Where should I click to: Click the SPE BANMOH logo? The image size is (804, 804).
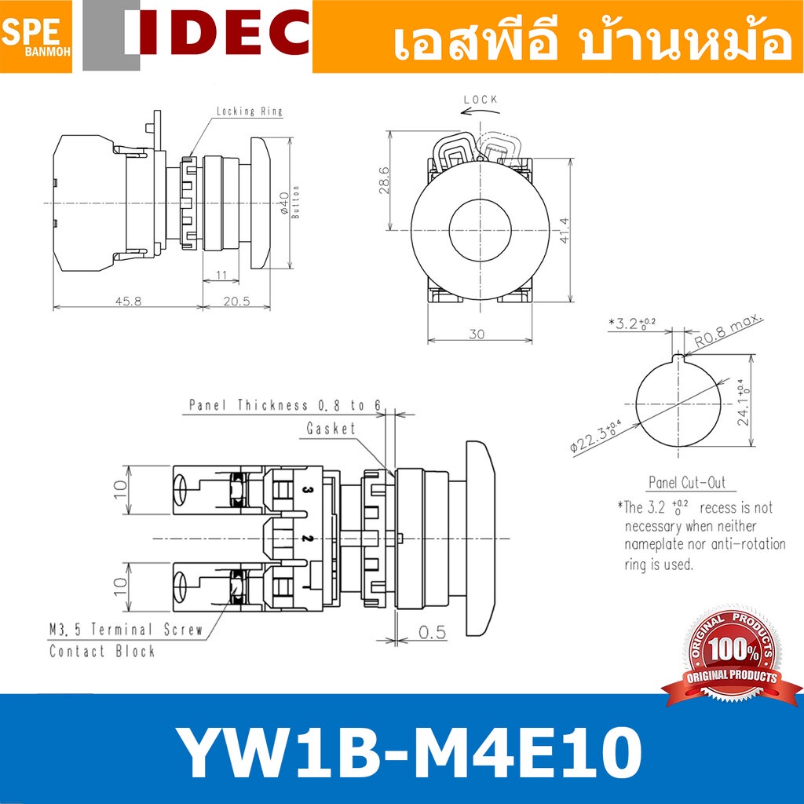pyautogui.click(x=36, y=36)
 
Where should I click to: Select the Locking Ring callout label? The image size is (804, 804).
pyautogui.click(x=249, y=111)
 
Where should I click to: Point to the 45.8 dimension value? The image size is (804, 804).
pyautogui.click(x=128, y=301)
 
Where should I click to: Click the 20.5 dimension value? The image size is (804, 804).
pyautogui.click(x=236, y=301)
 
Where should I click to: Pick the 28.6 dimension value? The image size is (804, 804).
pyautogui.click(x=384, y=181)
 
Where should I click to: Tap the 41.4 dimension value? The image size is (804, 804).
pyautogui.click(x=564, y=230)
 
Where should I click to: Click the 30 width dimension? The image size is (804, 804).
pyautogui.click(x=477, y=334)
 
